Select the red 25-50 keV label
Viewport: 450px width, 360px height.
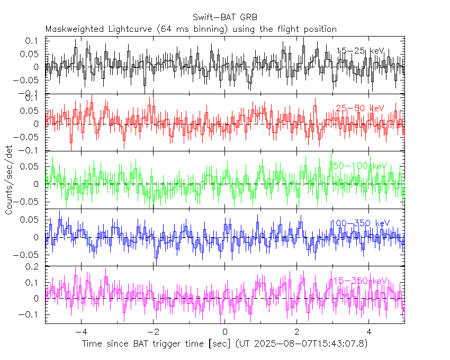point(359,108)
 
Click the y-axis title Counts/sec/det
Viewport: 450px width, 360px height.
point(9,180)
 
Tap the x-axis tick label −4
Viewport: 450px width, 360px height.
point(81,332)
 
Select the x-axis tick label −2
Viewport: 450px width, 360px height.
point(153,332)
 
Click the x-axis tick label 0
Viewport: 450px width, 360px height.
point(225,332)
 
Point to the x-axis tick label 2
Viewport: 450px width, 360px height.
point(297,332)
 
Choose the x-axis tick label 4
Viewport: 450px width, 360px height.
point(369,332)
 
